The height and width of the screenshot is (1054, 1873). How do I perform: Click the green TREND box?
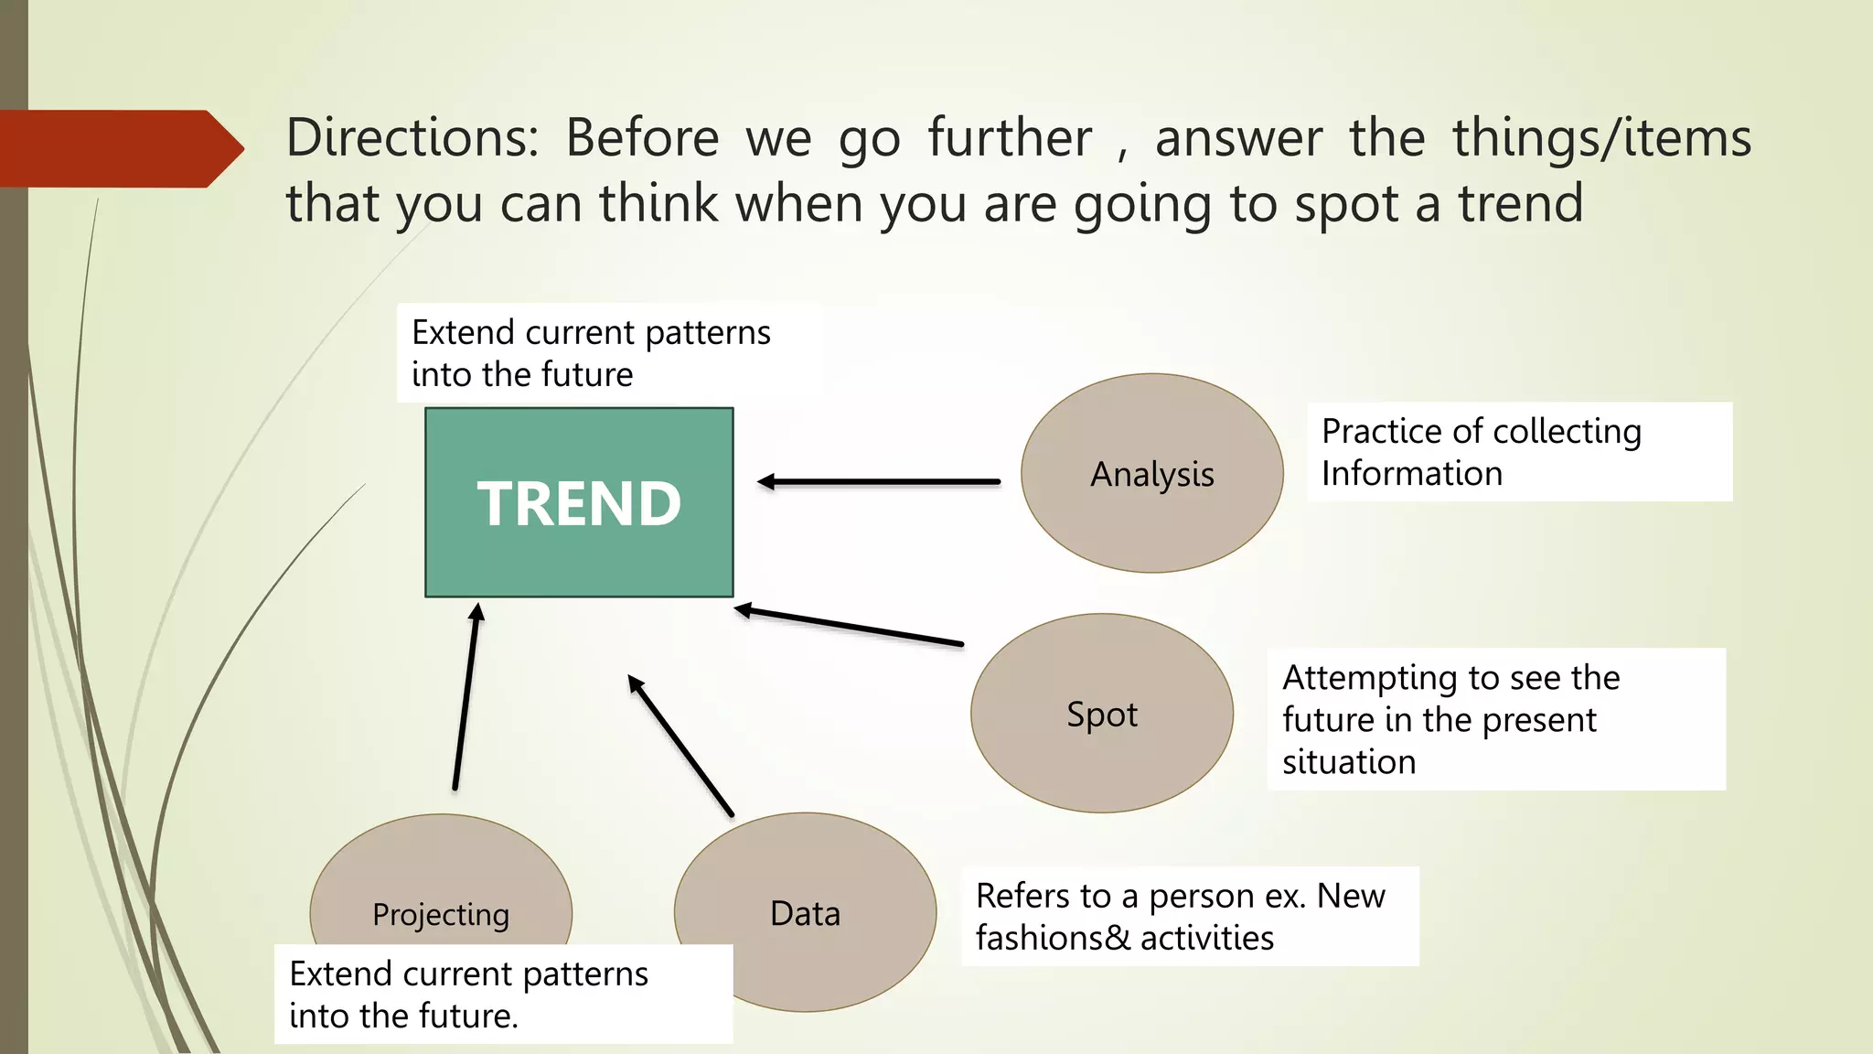(579, 502)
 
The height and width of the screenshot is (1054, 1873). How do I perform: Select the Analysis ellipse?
(1151, 474)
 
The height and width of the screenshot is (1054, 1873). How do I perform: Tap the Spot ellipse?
(1101, 714)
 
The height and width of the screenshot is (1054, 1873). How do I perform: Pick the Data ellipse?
(805, 912)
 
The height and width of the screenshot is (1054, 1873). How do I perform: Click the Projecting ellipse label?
(441, 914)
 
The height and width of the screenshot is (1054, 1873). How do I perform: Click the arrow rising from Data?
(680, 746)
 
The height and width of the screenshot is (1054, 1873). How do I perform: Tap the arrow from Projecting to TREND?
(466, 695)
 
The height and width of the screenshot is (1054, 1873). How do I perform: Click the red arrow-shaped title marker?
(119, 148)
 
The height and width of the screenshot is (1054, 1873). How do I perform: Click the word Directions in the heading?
(412, 138)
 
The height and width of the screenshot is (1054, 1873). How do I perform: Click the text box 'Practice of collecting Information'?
(1519, 451)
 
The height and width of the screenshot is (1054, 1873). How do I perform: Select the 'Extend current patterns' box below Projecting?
(503, 994)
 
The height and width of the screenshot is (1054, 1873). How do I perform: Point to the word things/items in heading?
(1601, 138)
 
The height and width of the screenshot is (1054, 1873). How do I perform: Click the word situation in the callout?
(1349, 762)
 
